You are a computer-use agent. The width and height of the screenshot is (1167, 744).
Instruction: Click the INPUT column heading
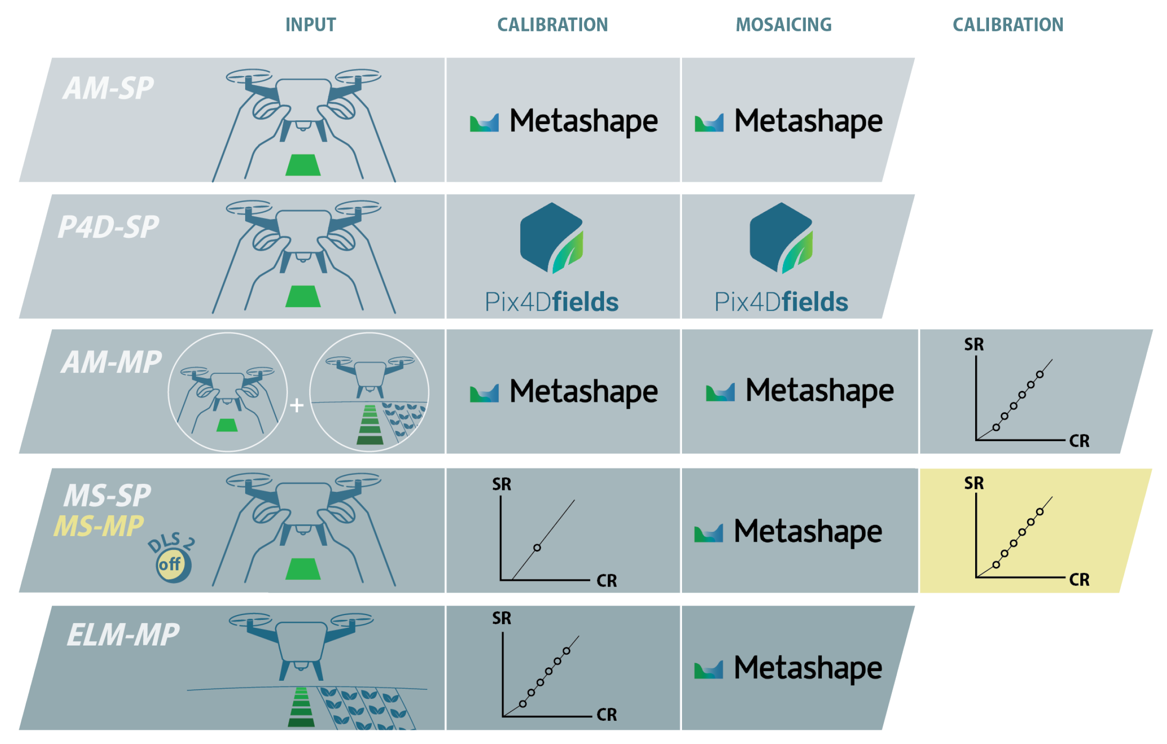point(310,25)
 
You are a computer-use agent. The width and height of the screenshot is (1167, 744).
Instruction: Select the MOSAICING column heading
point(783,25)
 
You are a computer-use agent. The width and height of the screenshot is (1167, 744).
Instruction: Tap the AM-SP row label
point(109,88)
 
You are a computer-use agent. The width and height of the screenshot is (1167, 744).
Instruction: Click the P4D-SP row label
point(109,227)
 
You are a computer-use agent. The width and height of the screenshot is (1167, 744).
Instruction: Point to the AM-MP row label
point(111,362)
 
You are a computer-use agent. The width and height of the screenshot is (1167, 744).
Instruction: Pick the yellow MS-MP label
point(99,526)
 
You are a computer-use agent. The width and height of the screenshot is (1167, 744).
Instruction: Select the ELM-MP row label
point(123,635)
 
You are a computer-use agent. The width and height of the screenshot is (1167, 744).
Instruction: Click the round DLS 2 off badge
point(174,564)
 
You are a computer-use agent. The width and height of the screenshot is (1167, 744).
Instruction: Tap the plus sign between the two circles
point(297,405)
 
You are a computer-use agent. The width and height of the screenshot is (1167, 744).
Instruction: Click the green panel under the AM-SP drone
point(303,165)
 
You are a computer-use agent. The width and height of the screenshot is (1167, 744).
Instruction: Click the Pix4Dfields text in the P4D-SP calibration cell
point(552,302)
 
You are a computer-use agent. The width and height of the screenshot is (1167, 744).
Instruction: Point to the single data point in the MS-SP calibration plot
point(537,548)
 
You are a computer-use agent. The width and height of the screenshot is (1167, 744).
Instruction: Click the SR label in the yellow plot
point(974,483)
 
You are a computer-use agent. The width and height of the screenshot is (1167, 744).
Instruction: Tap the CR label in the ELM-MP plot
point(607,715)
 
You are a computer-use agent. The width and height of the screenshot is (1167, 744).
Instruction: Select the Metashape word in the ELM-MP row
point(808,668)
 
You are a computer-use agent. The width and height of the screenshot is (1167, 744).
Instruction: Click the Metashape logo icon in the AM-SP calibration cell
point(484,123)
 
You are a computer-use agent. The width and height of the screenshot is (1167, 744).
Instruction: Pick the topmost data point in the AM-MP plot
point(1040,374)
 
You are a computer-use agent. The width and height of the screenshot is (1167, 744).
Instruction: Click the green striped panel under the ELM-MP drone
point(301,707)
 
